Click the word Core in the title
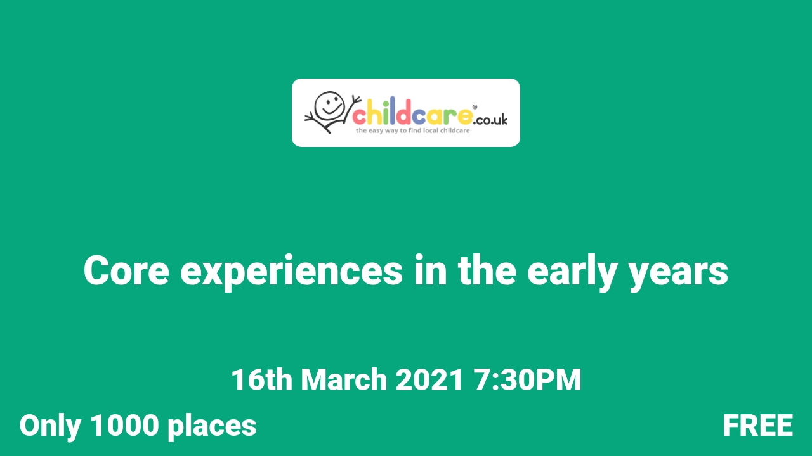126,271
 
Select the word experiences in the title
291,271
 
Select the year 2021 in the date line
430,380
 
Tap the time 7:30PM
527,380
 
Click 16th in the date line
261,380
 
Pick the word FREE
757,426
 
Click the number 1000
124,426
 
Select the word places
212,426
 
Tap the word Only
49,426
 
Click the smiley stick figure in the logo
329,112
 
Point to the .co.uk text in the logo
490,118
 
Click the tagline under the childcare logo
413,130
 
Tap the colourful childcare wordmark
412,115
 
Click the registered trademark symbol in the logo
475,107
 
